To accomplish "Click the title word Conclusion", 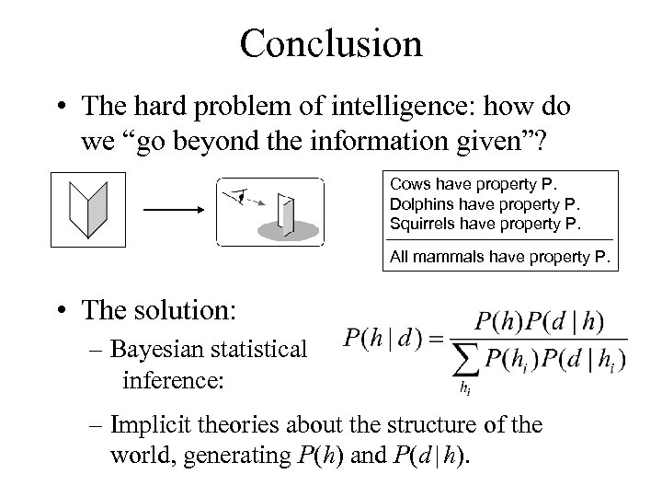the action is click(x=330, y=43).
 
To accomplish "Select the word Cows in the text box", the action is click(x=408, y=183).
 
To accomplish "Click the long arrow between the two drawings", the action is click(x=173, y=210).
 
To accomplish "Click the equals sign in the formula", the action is click(x=433, y=339).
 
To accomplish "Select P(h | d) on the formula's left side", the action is click(x=382, y=339).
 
